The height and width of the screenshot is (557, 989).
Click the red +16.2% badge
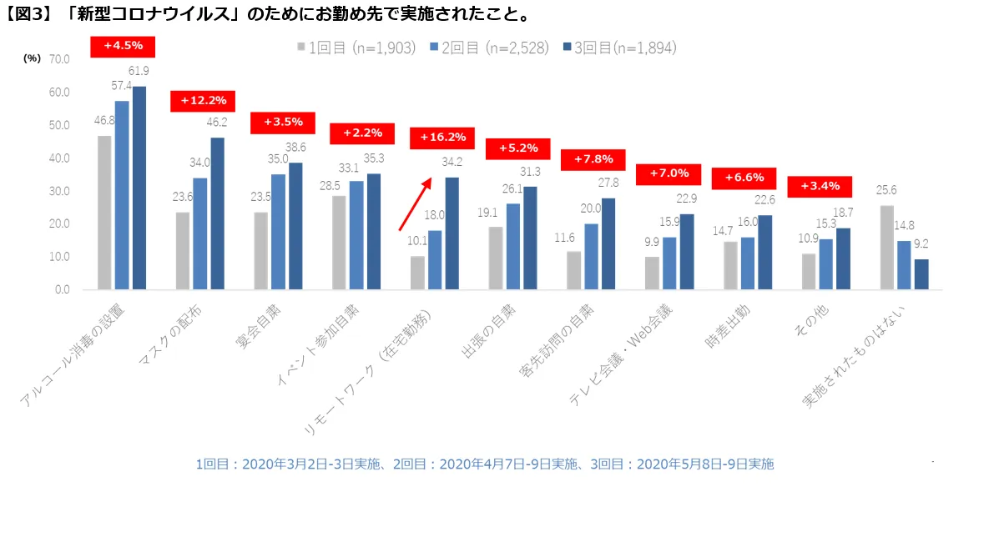(x=442, y=138)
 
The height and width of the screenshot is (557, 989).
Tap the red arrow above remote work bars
(x=415, y=203)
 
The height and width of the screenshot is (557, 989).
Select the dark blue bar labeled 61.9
(x=139, y=188)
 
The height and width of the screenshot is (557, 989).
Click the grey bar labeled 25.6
(x=886, y=248)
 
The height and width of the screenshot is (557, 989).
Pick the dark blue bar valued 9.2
(x=921, y=274)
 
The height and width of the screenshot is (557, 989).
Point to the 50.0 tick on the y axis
(x=59, y=125)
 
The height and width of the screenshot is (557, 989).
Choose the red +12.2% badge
(x=203, y=101)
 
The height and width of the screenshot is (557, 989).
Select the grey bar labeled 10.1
(x=417, y=273)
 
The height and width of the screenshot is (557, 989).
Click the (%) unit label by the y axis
(x=32, y=58)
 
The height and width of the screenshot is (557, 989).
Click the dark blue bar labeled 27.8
(x=608, y=243)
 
